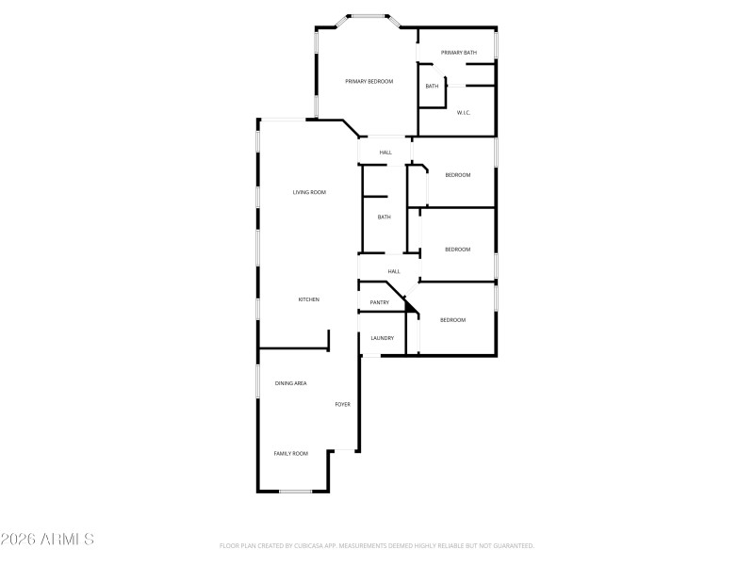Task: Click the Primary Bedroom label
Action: (x=369, y=82)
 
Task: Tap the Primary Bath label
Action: (x=459, y=53)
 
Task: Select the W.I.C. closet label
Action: (x=464, y=113)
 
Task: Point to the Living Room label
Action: (x=309, y=192)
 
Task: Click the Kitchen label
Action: (x=309, y=299)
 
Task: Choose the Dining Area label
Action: (x=290, y=383)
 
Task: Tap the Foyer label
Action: (x=343, y=404)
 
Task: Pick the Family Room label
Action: (x=290, y=454)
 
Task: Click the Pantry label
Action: (x=380, y=302)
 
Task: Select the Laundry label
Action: (x=382, y=338)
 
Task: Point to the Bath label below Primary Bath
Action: (x=432, y=87)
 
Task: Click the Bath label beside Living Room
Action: (x=384, y=218)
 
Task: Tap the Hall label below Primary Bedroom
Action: (x=385, y=153)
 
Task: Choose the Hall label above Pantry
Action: (x=394, y=271)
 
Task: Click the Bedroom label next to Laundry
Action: (x=453, y=320)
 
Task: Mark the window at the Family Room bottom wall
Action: (x=295, y=491)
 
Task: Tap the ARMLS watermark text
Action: (x=47, y=540)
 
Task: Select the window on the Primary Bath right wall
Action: (x=496, y=45)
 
